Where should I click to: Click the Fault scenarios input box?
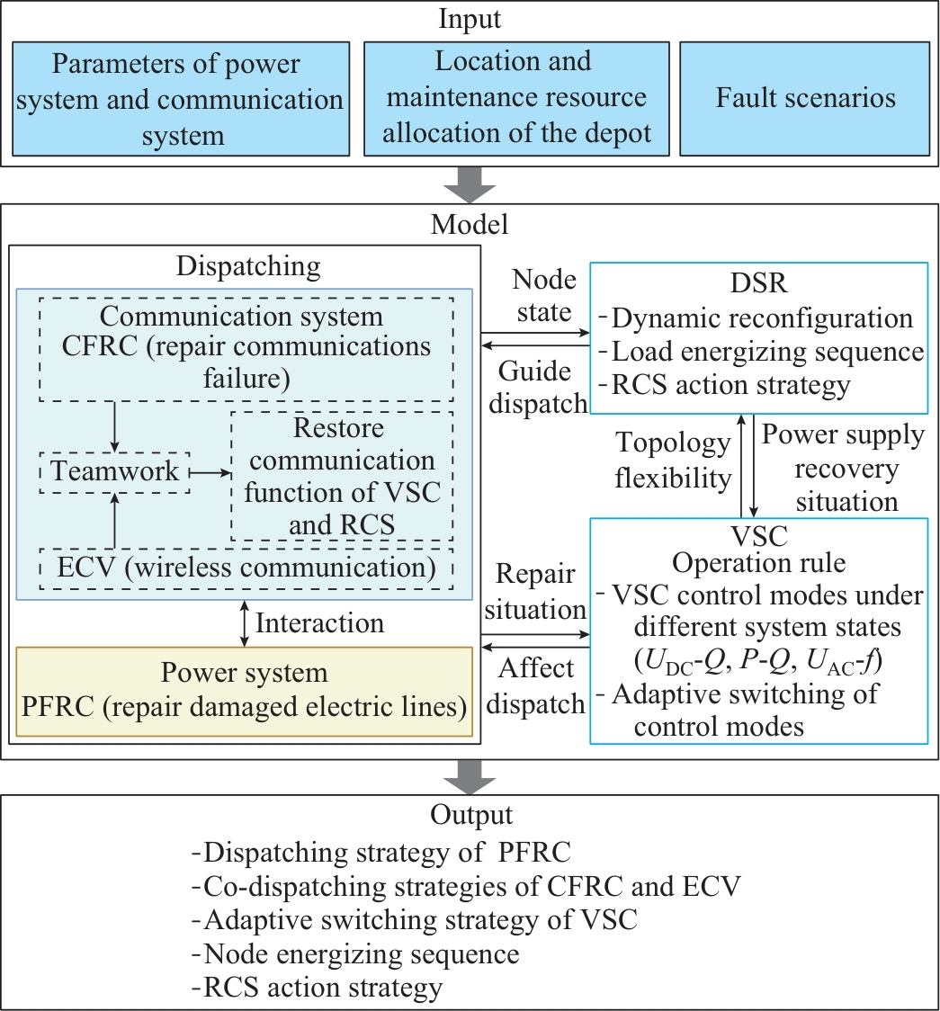(805, 98)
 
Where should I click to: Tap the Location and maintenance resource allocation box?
(514, 98)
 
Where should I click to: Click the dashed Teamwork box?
(115, 471)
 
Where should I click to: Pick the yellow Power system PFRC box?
(244, 691)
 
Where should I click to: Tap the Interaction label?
(319, 622)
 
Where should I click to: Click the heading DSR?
(758, 282)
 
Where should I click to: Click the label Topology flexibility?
(673, 461)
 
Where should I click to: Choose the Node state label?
(543, 296)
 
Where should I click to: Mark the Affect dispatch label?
(538, 686)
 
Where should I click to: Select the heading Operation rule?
(758, 564)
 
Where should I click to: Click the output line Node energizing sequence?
(362, 953)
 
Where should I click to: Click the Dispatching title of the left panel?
(248, 266)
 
